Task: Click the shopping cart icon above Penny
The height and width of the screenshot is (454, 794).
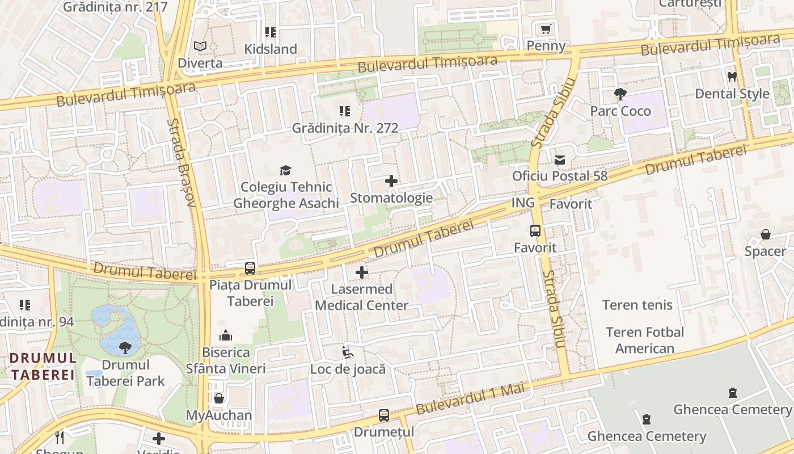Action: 546,29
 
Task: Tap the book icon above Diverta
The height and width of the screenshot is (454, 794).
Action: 200,46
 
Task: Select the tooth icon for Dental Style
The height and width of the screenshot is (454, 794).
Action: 732,77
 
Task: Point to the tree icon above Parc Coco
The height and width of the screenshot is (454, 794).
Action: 620,94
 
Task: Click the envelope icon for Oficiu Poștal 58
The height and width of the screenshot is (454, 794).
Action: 560,160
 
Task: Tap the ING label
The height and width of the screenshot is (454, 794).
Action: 523,203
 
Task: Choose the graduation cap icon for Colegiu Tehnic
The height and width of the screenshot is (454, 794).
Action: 285,170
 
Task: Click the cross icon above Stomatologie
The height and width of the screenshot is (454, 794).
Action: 391,181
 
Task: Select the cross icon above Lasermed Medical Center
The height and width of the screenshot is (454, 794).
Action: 361,272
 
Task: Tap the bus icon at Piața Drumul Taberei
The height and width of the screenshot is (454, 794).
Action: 250,268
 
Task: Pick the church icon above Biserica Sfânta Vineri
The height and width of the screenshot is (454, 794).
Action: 226,335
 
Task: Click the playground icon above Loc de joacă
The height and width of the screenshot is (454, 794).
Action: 348,352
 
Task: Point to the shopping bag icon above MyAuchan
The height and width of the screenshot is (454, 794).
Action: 219,398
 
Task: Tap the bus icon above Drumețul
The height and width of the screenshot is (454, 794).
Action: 384,415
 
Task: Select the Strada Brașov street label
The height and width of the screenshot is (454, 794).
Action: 182,162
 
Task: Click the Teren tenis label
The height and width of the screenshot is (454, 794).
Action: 637,305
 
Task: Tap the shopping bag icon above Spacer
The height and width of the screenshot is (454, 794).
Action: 765,234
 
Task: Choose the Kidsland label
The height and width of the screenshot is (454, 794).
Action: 271,49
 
